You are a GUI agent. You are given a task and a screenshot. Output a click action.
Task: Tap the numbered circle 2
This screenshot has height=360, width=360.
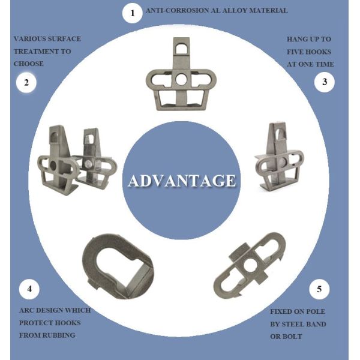click(26, 83)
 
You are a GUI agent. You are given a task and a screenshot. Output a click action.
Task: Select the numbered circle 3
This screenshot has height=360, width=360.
click(325, 82)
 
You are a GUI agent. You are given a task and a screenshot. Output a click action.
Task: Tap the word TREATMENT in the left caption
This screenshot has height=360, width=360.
click(34, 51)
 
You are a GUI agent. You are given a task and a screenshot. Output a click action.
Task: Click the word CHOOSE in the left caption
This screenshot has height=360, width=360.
click(29, 63)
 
